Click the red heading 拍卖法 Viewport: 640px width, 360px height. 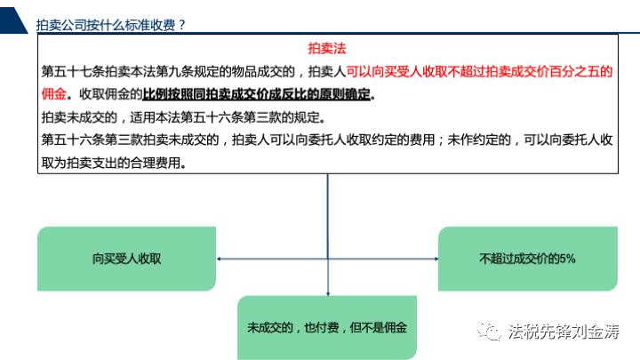click(x=326, y=49)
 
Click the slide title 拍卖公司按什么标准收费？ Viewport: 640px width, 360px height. click(x=110, y=25)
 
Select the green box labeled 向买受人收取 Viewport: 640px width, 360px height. click(x=126, y=259)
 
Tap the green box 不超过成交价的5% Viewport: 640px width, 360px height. click(x=528, y=259)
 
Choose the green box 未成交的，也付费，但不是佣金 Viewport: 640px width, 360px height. click(x=327, y=327)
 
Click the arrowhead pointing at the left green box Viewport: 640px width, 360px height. click(x=220, y=259)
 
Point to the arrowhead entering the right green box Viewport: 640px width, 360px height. click(x=436, y=259)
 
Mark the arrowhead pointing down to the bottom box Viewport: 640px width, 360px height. click(x=328, y=293)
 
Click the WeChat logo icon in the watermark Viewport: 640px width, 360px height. click(x=489, y=331)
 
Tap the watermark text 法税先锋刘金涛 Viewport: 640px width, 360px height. click(x=564, y=331)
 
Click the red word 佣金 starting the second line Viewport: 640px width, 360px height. click(x=54, y=94)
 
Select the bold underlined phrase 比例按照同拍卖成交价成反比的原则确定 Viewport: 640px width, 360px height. click(x=256, y=94)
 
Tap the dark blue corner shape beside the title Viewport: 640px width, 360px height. click(x=12, y=20)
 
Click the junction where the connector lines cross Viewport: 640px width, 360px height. click(x=328, y=259)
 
